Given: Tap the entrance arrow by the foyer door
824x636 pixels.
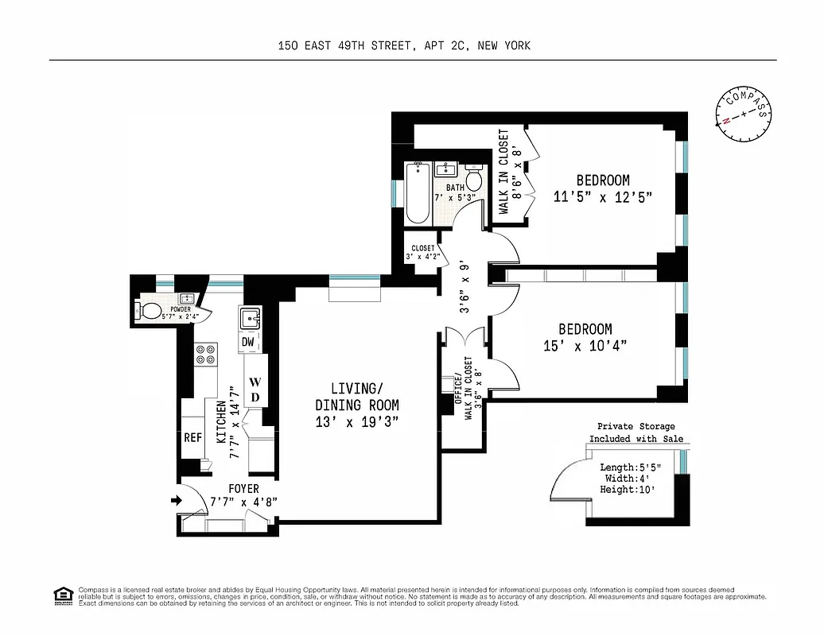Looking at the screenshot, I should click(x=176, y=501).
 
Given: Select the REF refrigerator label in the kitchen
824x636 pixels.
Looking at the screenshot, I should click(x=192, y=438).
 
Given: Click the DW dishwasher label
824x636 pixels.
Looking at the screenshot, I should click(x=248, y=342).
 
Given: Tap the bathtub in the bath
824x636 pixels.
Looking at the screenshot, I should click(x=418, y=193).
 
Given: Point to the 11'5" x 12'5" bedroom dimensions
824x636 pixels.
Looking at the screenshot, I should click(x=602, y=196).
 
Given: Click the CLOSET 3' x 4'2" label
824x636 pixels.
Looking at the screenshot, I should click(x=422, y=252).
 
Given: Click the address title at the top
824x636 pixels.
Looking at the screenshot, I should click(x=404, y=45).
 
